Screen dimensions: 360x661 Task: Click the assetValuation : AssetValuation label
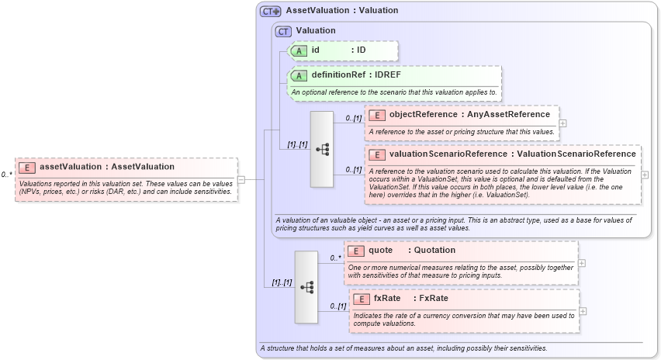point(107,167)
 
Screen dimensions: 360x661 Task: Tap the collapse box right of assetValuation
point(241,179)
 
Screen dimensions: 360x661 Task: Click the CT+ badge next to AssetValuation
point(271,11)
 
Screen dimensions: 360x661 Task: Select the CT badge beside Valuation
point(284,31)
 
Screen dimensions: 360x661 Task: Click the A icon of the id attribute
point(299,50)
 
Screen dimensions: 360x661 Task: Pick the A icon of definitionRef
point(299,75)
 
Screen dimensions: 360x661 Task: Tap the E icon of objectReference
point(377,115)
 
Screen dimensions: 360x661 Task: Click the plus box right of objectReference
point(563,123)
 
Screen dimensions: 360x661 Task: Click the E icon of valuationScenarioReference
point(377,154)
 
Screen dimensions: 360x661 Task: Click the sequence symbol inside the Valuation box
point(322,149)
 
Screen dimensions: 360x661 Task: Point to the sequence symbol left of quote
point(306,287)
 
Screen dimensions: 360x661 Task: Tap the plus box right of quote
point(582,263)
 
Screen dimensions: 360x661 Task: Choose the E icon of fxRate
point(362,299)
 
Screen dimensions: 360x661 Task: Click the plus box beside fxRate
point(583,311)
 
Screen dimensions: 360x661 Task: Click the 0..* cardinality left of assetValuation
point(7,175)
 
